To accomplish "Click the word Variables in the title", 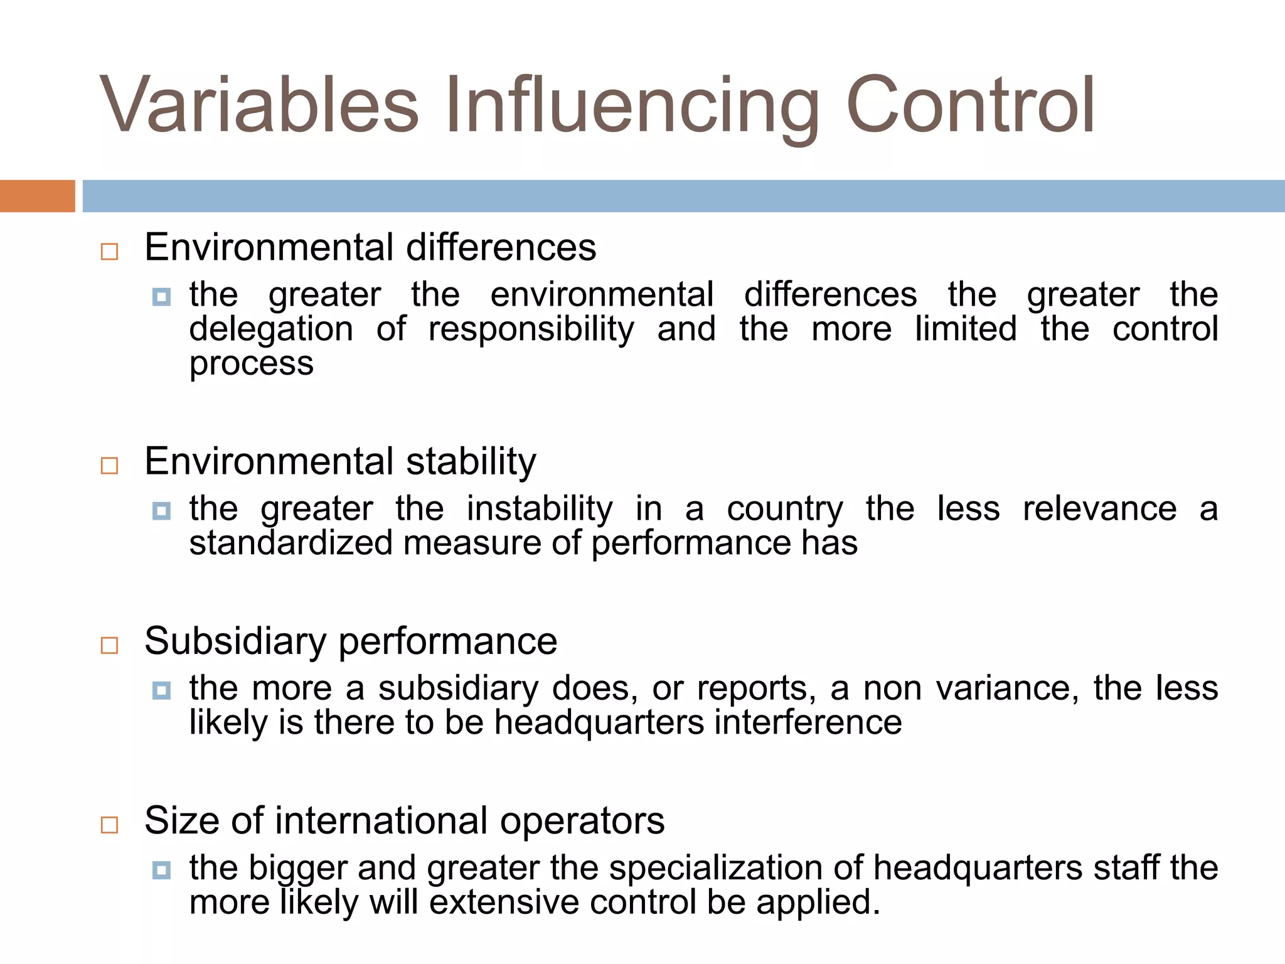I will (259, 105).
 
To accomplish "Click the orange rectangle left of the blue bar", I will (37, 196).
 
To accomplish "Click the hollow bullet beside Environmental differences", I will (110, 252).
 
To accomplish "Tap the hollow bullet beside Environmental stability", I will (110, 466).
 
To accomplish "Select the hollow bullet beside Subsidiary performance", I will (110, 645).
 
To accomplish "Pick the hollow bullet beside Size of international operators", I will (110, 825).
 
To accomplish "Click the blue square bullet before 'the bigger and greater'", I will (161, 870).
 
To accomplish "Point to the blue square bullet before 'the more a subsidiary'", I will (161, 690).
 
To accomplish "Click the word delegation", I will (271, 330).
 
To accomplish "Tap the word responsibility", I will (531, 330).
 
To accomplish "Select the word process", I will (251, 365).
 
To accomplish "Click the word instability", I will (540, 508).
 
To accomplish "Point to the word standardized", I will (291, 543).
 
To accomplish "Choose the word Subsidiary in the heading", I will (235, 641).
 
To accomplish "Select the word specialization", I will (715, 869).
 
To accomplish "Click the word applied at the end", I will (818, 903).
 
